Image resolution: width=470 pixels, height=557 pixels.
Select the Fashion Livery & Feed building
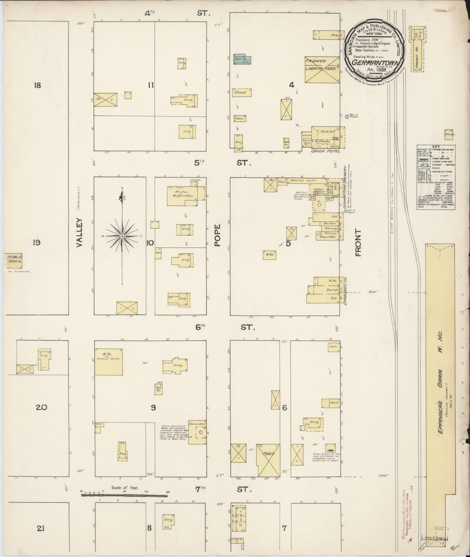pyautogui.click(x=322, y=70)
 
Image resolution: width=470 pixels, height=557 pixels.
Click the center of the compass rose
pyautogui.click(x=122, y=236)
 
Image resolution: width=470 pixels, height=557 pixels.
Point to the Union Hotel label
pyautogui.click(x=325, y=151)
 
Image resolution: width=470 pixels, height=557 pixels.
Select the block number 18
pyautogui.click(x=37, y=85)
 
